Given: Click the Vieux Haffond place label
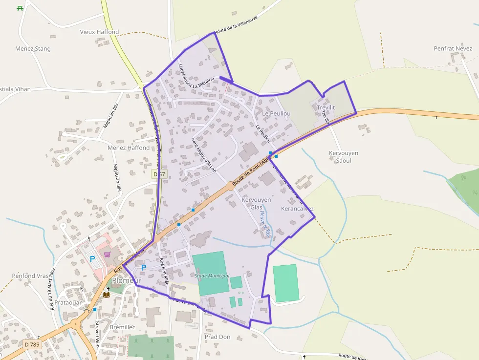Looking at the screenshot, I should [99, 32].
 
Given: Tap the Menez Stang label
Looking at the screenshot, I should [33, 49].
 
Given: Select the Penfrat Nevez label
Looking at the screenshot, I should [453, 48].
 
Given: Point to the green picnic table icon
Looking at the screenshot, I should [20, 8].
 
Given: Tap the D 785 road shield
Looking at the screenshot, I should [32, 344].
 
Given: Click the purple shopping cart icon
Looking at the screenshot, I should [107, 254].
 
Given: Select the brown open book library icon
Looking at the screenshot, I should [107, 295].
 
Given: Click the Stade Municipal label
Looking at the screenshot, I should [212, 276].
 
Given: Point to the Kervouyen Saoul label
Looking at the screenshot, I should [343, 157].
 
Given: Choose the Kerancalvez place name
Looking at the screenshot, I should [297, 209].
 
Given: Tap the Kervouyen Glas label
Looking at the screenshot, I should [256, 203].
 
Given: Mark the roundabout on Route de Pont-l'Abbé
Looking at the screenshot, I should [230, 186].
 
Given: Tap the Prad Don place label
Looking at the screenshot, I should [218, 337].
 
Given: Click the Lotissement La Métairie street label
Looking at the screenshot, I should [196, 76].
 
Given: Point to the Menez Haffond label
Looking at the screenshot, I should [129, 148].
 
